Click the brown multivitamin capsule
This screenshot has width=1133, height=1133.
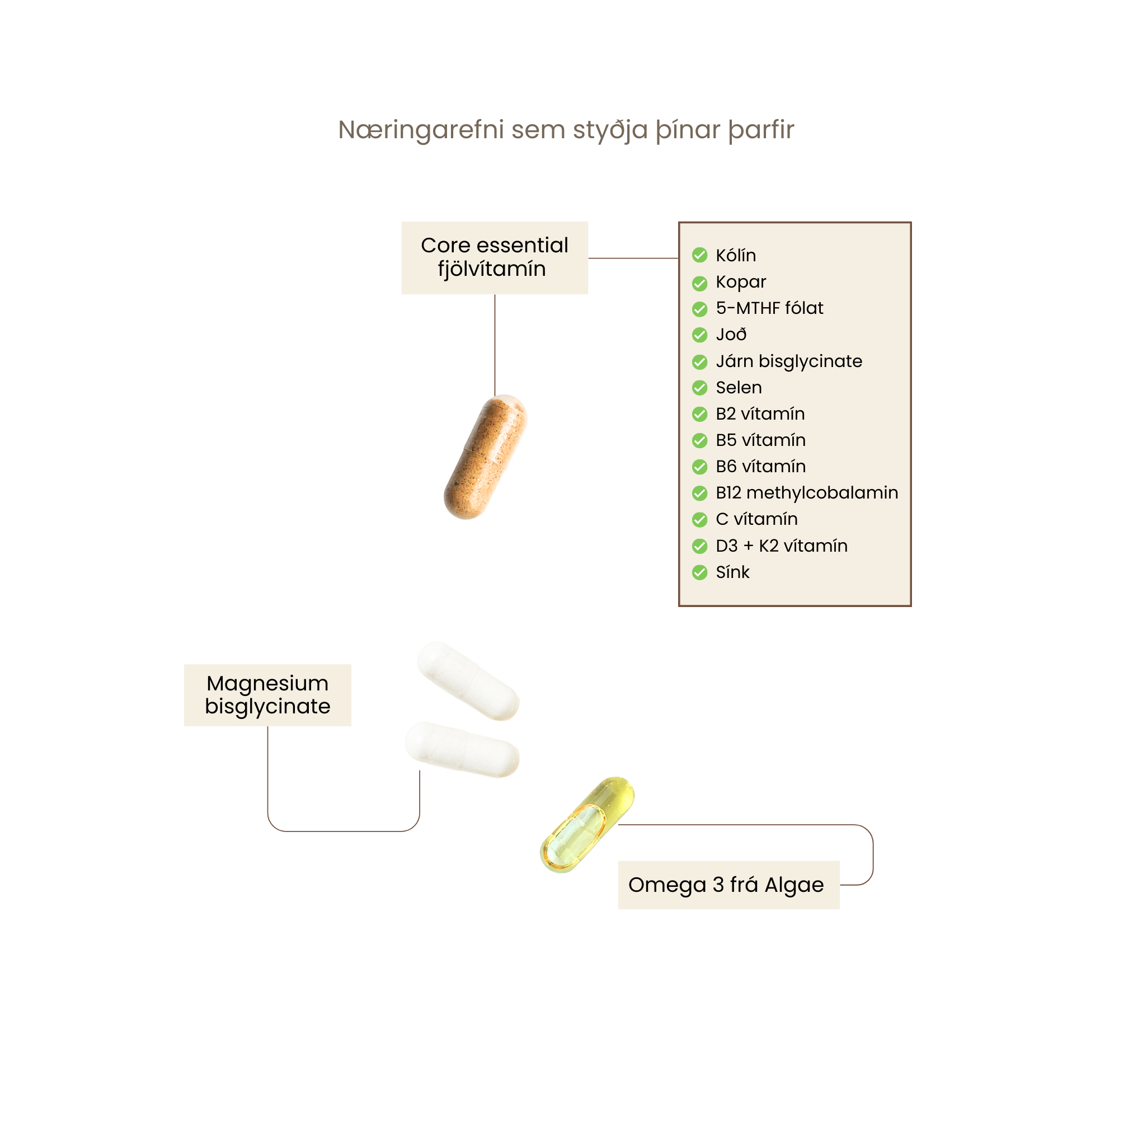point(486,456)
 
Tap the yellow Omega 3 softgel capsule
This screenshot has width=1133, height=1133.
point(586,824)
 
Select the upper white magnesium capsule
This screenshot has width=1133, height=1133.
point(468,680)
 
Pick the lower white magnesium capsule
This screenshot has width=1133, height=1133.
point(462,750)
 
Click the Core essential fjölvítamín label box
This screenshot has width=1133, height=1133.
point(495,257)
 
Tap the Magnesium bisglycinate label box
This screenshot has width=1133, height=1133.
point(267,695)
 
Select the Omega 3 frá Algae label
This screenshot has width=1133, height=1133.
point(728,885)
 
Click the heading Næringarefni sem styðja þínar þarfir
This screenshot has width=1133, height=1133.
point(566,130)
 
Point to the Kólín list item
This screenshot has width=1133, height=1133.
point(735,255)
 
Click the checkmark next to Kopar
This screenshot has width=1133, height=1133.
point(699,283)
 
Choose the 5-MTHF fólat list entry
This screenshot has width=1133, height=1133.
point(769,308)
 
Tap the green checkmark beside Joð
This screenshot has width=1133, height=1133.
point(699,335)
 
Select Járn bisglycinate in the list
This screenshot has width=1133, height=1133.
point(789,361)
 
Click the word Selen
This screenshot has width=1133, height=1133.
point(739,388)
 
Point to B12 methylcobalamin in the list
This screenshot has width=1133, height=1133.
point(806,492)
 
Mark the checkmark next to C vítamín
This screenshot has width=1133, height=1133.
point(699,520)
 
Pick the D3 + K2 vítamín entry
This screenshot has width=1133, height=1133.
point(781,546)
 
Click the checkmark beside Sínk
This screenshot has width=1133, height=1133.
point(699,572)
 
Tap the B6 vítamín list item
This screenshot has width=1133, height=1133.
point(760,466)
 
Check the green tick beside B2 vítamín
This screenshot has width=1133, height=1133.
point(699,414)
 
